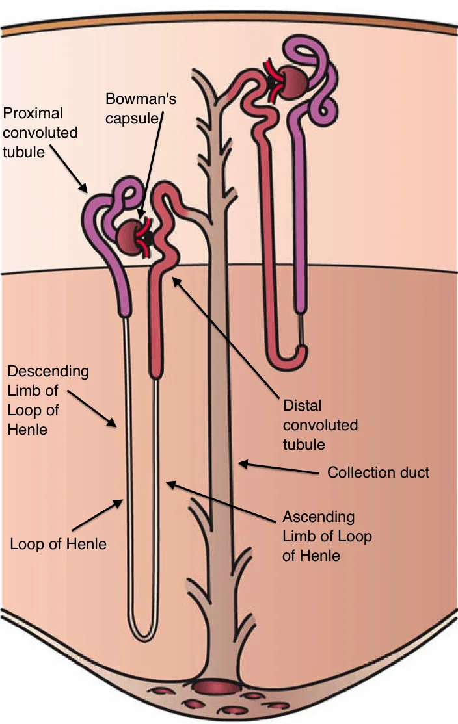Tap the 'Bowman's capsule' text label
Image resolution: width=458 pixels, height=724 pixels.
click(x=141, y=110)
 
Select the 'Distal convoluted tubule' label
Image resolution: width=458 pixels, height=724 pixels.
click(x=320, y=425)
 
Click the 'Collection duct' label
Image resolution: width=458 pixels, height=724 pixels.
click(x=378, y=472)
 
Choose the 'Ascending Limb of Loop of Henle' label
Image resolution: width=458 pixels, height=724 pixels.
click(x=327, y=537)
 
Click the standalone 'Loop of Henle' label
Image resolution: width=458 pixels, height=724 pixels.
click(x=58, y=543)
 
